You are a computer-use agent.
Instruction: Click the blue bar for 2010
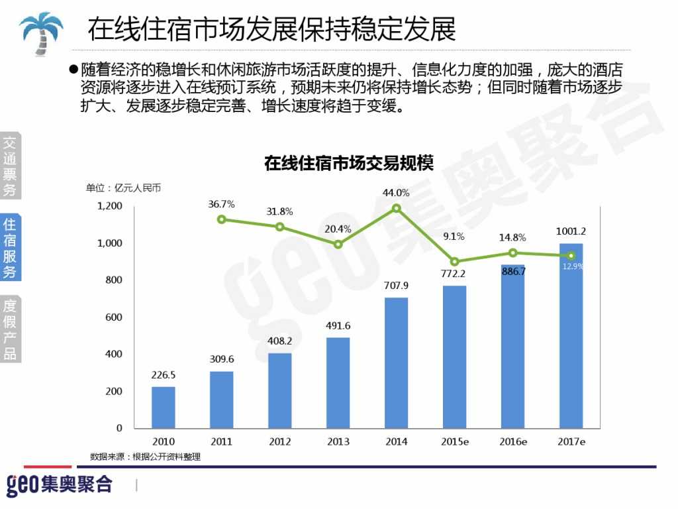pyautogui.click(x=164, y=407)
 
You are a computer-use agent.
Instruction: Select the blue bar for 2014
pyautogui.click(x=396, y=363)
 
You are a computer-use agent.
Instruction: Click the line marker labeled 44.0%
pyautogui.click(x=397, y=208)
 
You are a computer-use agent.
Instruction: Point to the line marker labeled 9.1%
pyautogui.click(x=454, y=262)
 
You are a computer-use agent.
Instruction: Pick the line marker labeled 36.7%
pyautogui.click(x=221, y=219)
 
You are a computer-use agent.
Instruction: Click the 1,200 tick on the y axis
pyautogui.click(x=110, y=206)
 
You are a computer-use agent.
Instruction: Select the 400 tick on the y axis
pyautogui.click(x=115, y=355)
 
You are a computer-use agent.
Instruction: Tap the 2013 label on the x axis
pyautogui.click(x=338, y=441)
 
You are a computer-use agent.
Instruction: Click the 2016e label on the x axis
pyautogui.click(x=512, y=441)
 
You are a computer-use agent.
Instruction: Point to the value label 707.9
pyautogui.click(x=396, y=286)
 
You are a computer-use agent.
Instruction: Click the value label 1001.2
pyautogui.click(x=571, y=231)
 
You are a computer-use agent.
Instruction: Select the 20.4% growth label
pyautogui.click(x=338, y=229)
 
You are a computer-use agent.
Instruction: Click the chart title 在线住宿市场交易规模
pyautogui.click(x=348, y=163)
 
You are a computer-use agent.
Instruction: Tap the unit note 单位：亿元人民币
pyautogui.click(x=123, y=188)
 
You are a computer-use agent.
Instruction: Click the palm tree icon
pyautogui.click(x=41, y=32)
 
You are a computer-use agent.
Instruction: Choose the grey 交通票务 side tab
pyautogui.click(x=10, y=166)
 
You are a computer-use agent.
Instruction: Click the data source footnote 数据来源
pyautogui.click(x=145, y=457)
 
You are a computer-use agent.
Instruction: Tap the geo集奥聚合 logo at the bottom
pyautogui.click(x=60, y=484)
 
